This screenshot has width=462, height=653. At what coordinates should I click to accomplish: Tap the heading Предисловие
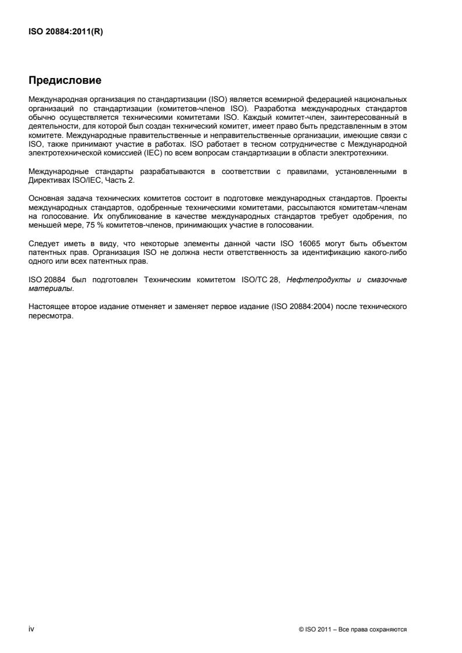(x=66, y=80)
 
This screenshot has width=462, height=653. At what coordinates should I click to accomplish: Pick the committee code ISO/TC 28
(x=262, y=279)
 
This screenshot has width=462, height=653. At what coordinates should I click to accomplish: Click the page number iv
(x=31, y=629)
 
